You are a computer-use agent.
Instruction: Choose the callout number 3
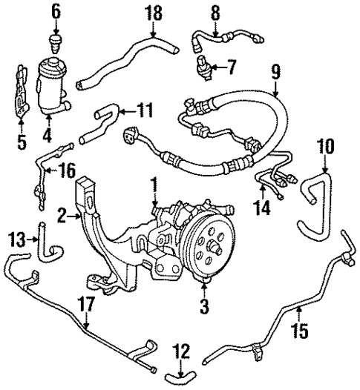tap(204, 304)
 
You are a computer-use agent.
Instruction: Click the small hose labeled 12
tap(177, 376)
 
